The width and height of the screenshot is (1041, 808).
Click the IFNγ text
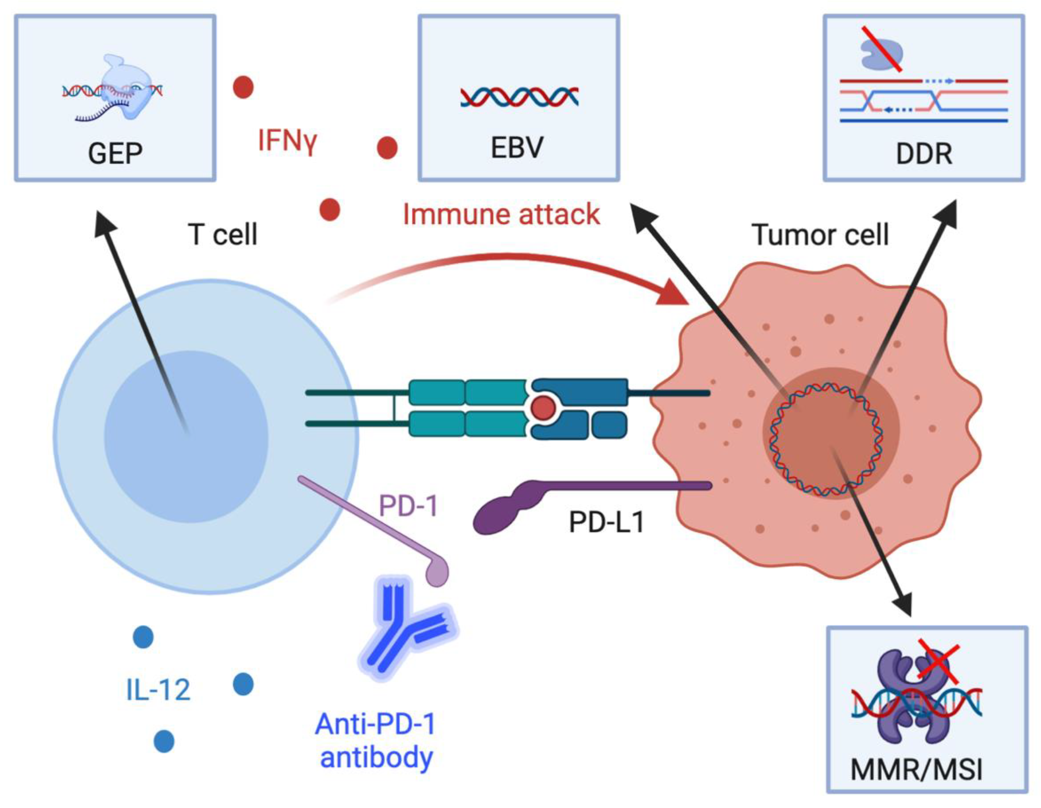pos(287,141)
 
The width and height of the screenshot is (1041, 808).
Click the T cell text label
pos(223,234)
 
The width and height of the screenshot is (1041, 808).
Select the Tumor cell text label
pos(820,234)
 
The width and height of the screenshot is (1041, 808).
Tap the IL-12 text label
pos(158,689)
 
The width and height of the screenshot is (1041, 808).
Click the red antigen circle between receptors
pos(543,408)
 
